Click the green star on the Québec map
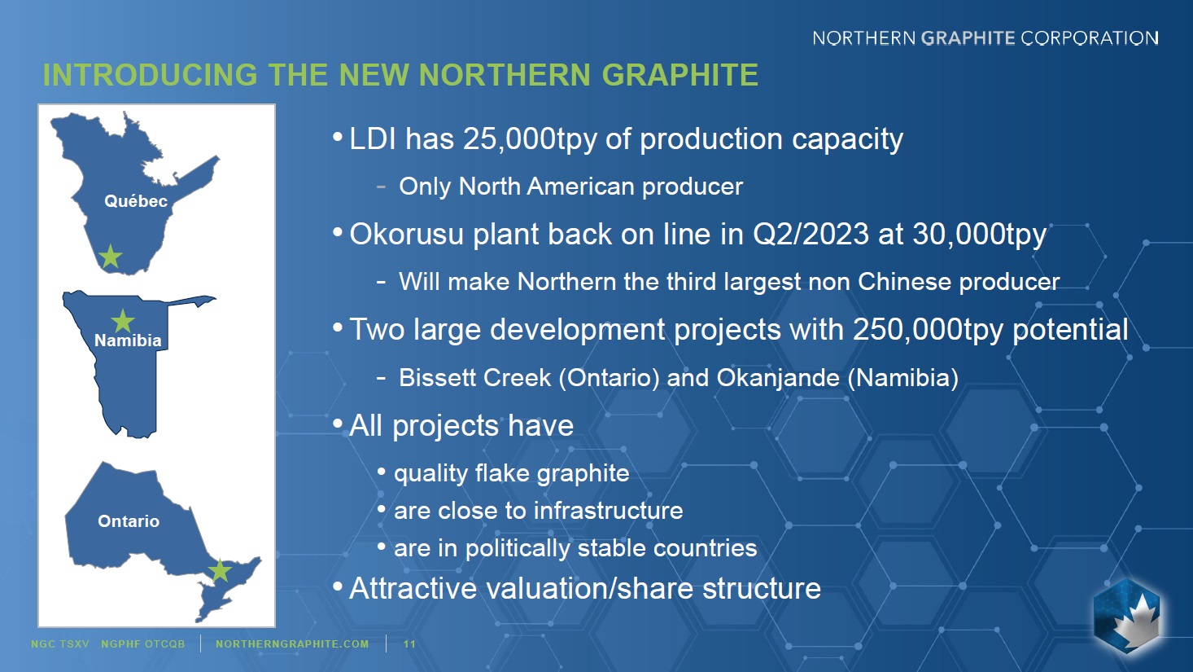(110, 257)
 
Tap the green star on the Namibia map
(123, 321)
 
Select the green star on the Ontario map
(220, 570)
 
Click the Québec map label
(136, 201)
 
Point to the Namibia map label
(128, 340)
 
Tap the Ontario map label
(129, 520)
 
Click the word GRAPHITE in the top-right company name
(968, 38)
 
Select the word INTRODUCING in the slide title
(151, 75)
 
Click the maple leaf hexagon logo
(1126, 616)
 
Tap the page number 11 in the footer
(409, 643)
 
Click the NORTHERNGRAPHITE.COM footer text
(292, 643)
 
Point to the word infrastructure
(608, 511)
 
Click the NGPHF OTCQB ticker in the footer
(142, 643)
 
